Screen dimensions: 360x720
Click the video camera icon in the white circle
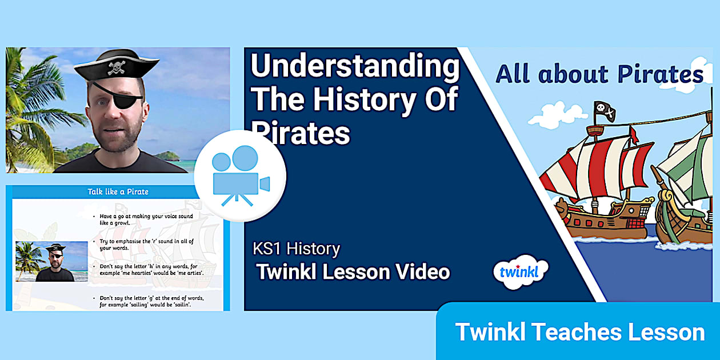[x=240, y=176]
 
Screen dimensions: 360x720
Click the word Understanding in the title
[x=355, y=67]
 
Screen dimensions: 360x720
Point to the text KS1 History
[x=296, y=249]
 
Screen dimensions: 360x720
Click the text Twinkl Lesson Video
[x=353, y=272]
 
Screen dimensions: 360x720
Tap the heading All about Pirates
[x=599, y=74]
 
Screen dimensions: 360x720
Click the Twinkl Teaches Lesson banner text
[x=579, y=332]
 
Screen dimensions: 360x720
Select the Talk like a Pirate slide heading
[x=118, y=191]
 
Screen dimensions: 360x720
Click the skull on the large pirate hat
[x=117, y=67]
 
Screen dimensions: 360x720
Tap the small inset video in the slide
[x=51, y=261]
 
